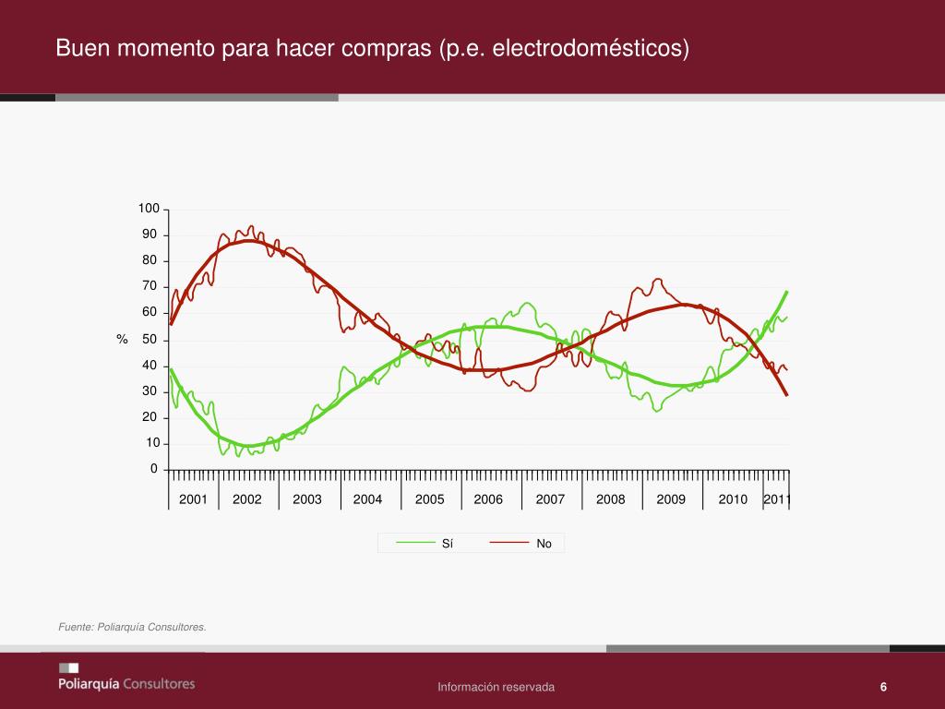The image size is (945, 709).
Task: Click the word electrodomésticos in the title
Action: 592,47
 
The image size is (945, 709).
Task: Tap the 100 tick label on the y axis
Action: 150,210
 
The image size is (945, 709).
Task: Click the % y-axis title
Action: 122,341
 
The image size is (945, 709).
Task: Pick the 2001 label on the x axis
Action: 193,499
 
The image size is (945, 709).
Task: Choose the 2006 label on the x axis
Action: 488,499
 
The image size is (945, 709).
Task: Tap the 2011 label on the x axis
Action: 777,499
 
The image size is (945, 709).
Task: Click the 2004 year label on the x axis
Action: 367,499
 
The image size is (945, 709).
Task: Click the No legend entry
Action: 544,544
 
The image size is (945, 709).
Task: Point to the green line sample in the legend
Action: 415,544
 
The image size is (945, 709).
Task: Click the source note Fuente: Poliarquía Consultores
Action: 132,628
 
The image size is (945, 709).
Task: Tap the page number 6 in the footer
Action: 883,687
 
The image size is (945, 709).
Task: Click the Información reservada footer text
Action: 496,687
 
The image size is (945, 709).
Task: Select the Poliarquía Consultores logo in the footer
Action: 126,678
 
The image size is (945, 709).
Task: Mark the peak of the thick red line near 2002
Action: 249,241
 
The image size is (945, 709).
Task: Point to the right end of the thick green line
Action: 787,292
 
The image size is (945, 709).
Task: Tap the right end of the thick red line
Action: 787,395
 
